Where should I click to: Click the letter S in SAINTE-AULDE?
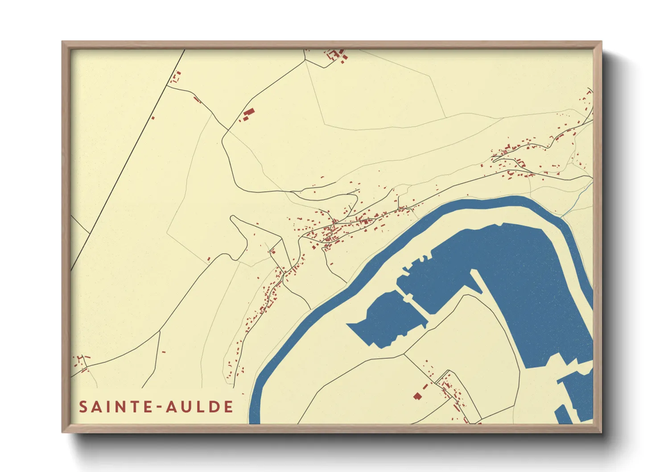pyautogui.click(x=83, y=407)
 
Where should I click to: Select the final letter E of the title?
pyautogui.click(x=229, y=407)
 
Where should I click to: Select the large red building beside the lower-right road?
pyautogui.click(x=417, y=395)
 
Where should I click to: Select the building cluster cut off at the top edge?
pyautogui.click(x=335, y=54)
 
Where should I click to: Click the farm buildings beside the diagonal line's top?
pyautogui.click(x=175, y=78)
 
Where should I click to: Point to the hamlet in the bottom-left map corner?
pyautogui.click(x=81, y=362)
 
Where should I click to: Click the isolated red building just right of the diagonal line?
pyautogui.click(x=153, y=118)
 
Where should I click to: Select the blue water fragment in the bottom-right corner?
pyautogui.click(x=575, y=397)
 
